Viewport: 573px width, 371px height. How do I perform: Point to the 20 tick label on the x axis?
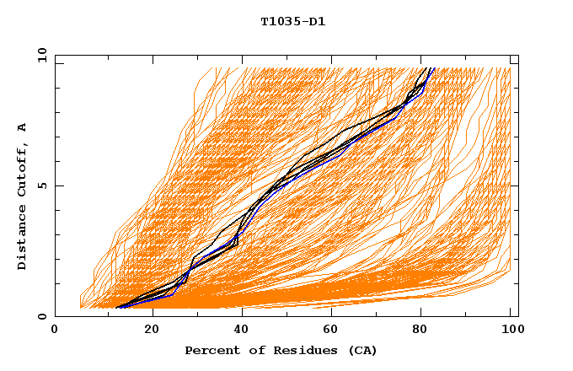point(153,329)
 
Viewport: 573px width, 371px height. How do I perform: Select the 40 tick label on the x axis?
point(244,329)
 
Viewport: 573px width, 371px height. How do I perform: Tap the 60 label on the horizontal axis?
point(335,329)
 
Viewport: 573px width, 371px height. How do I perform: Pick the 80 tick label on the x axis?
point(426,329)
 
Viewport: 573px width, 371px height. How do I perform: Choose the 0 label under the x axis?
point(56,329)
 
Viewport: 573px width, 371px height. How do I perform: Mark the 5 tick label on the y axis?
point(41,185)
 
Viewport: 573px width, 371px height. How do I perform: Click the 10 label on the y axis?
point(39,55)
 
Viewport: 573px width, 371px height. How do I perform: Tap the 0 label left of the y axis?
point(41,316)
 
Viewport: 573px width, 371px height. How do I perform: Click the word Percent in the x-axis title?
point(211,350)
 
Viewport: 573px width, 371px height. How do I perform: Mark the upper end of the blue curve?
point(431,69)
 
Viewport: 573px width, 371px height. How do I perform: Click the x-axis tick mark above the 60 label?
point(335,313)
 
